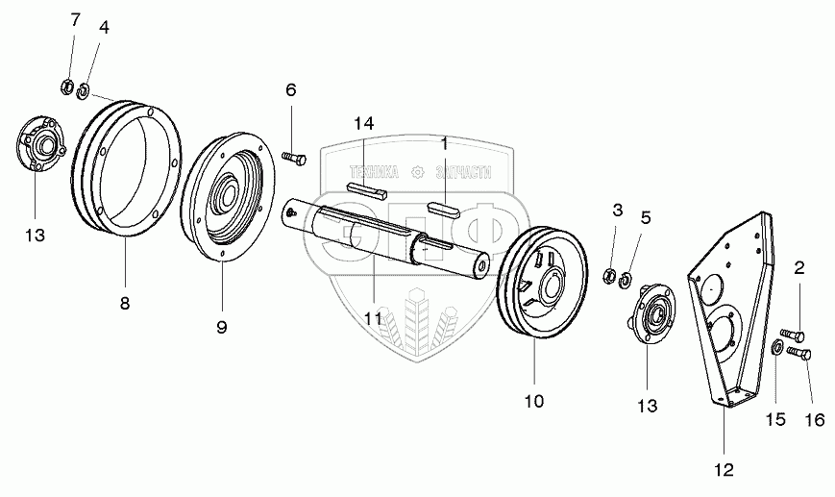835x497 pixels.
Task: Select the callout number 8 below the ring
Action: pyautogui.click(x=125, y=303)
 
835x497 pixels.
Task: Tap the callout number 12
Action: pyautogui.click(x=723, y=469)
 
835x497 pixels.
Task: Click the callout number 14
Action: pyautogui.click(x=363, y=124)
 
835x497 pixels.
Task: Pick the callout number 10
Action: pyautogui.click(x=533, y=400)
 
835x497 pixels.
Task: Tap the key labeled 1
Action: pyautogui.click(x=446, y=204)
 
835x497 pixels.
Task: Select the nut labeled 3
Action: pyautogui.click(x=609, y=278)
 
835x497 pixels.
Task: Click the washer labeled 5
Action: pyautogui.click(x=626, y=281)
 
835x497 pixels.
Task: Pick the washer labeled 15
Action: pyautogui.click(x=774, y=348)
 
